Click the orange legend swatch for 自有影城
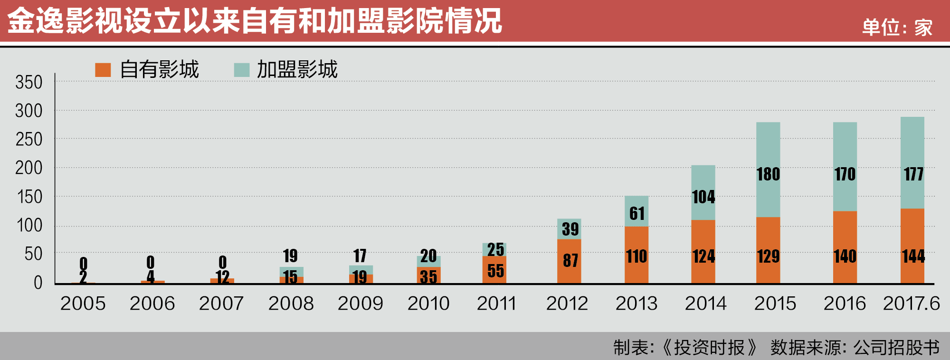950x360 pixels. pos(103,70)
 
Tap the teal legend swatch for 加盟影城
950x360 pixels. pos(242,70)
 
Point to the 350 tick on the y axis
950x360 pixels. pos(28,83)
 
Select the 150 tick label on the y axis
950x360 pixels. pos(29,197)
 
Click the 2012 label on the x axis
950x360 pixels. pos(567,303)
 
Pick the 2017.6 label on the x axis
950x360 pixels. pos(911,303)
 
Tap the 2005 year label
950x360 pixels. pos(83,303)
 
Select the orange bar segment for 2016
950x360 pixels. pos(845,237)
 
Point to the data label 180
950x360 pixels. pos(769,174)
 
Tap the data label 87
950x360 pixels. pos(570,260)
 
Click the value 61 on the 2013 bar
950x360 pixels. pos(637,214)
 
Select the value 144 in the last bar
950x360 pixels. pos(913,256)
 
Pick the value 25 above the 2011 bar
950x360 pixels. pos(495,249)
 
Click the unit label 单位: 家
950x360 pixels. pos(897,28)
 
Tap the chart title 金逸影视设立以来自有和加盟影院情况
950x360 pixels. pos(255,21)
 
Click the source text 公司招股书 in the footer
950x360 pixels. pos(896,348)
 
